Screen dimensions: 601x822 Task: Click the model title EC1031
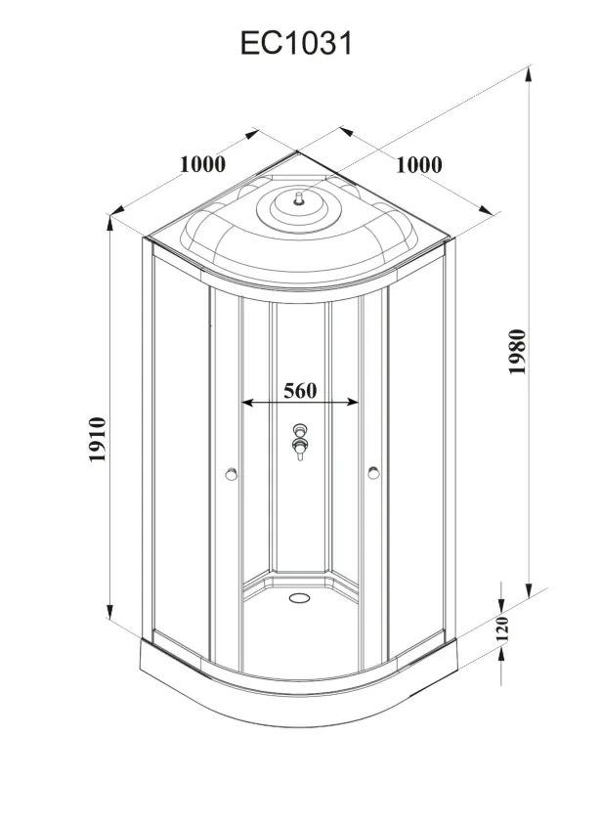pyautogui.click(x=296, y=43)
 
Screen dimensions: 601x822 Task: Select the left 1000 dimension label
pyautogui.click(x=203, y=164)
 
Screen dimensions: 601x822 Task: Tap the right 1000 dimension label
pyautogui.click(x=418, y=165)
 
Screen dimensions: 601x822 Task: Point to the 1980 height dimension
pyautogui.click(x=517, y=352)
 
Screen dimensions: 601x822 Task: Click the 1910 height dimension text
pyautogui.click(x=98, y=439)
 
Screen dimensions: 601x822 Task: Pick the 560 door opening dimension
pyautogui.click(x=300, y=391)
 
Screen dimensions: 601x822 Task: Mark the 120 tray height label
pyautogui.click(x=502, y=629)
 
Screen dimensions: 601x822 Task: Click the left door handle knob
pyautogui.click(x=231, y=474)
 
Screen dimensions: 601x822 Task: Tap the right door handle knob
pyautogui.click(x=373, y=473)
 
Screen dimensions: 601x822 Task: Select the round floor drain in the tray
pyautogui.click(x=300, y=597)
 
